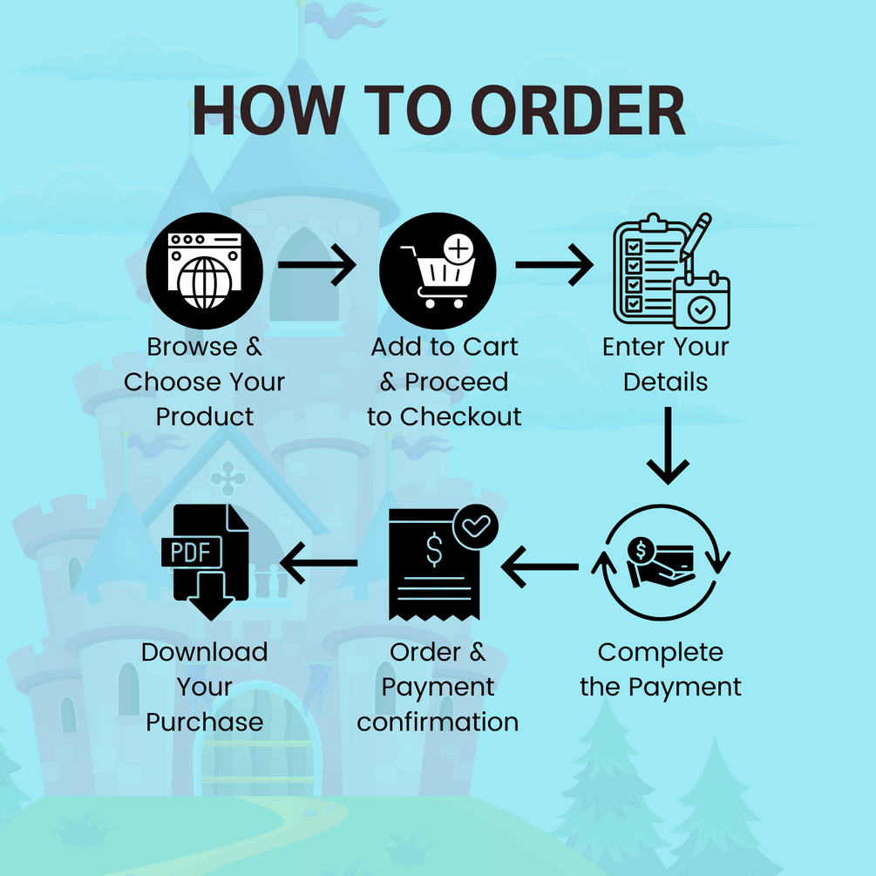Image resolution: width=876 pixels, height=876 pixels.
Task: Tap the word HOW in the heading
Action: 268,111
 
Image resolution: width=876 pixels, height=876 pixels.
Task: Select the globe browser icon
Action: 205,270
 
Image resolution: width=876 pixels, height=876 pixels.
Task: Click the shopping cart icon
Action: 438,270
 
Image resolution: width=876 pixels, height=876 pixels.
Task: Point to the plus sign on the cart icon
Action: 458,248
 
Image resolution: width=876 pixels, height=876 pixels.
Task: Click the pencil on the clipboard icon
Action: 696,237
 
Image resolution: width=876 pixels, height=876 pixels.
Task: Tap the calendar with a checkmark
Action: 702,301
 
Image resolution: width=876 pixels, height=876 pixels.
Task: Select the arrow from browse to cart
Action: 316,264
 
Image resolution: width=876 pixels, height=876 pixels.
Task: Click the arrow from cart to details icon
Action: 554,264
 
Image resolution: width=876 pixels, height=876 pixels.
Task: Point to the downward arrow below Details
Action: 668,445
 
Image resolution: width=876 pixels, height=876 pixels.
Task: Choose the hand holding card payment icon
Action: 661,562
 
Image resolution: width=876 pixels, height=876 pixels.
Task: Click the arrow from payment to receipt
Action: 540,567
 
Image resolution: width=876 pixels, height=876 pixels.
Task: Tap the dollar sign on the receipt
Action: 434,550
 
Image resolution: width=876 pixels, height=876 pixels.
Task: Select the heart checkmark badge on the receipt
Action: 475,526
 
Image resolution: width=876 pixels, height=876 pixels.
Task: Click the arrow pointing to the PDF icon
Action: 318,562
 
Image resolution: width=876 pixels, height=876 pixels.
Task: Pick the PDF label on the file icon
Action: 191,553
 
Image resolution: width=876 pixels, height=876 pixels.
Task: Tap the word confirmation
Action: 438,722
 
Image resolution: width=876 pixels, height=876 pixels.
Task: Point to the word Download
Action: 205,652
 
